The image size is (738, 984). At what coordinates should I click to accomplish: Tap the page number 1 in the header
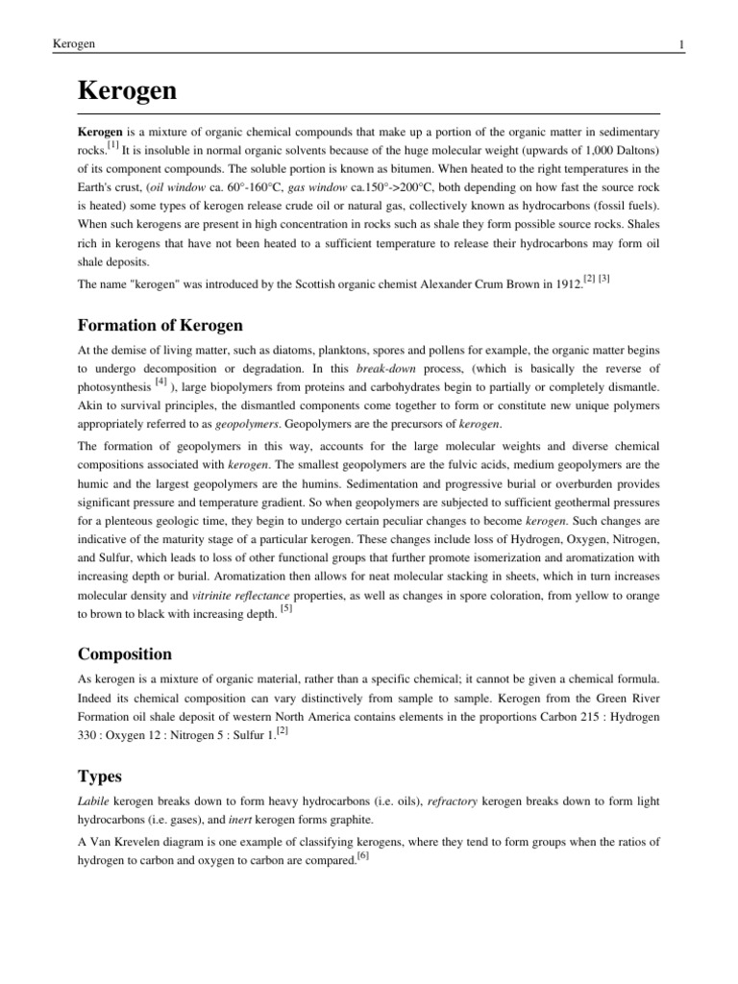[680, 44]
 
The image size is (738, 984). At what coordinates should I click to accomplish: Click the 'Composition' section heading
[124, 654]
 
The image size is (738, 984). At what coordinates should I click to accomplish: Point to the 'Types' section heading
[100, 775]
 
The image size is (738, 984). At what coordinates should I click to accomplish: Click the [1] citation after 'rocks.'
[112, 145]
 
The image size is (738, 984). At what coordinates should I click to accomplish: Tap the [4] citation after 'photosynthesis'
[160, 382]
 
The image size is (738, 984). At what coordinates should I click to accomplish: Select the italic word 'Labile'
[93, 801]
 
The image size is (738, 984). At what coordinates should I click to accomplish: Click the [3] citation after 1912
[603, 279]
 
